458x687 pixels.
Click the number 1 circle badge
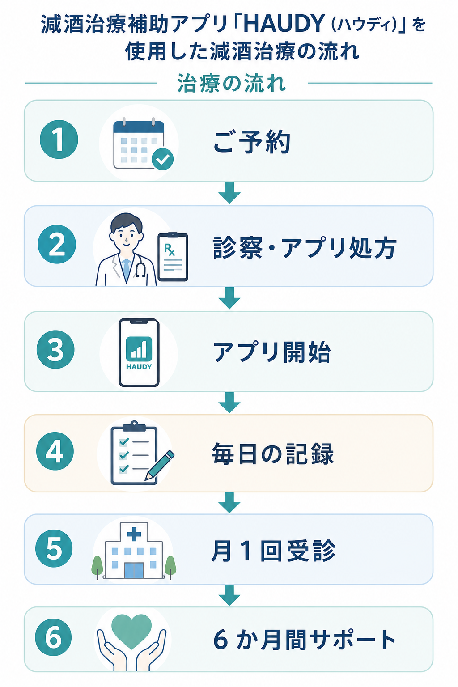coord(59,139)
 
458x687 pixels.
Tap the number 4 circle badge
coord(55,451)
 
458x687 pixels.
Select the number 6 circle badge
coord(54,637)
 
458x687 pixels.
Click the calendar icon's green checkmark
coord(163,159)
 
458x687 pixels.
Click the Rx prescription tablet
coord(173,257)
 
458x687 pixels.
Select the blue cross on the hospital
coord(134,534)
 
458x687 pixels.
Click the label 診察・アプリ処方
coord(305,247)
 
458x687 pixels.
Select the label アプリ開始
coord(272,352)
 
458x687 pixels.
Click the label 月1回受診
coord(273,551)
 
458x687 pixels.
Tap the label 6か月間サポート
coord(304,640)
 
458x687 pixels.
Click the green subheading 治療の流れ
coord(232,83)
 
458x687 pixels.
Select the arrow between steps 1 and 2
coord(229,193)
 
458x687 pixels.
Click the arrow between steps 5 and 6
coord(229,595)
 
